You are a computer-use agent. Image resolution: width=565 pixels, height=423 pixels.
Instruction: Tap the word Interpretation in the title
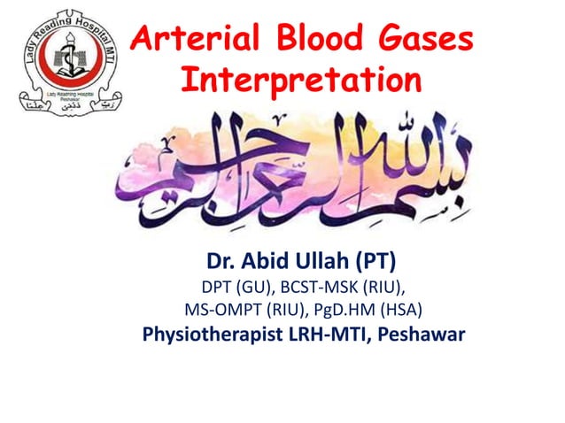point(300,81)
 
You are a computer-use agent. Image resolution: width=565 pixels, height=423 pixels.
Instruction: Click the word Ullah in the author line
point(323,263)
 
